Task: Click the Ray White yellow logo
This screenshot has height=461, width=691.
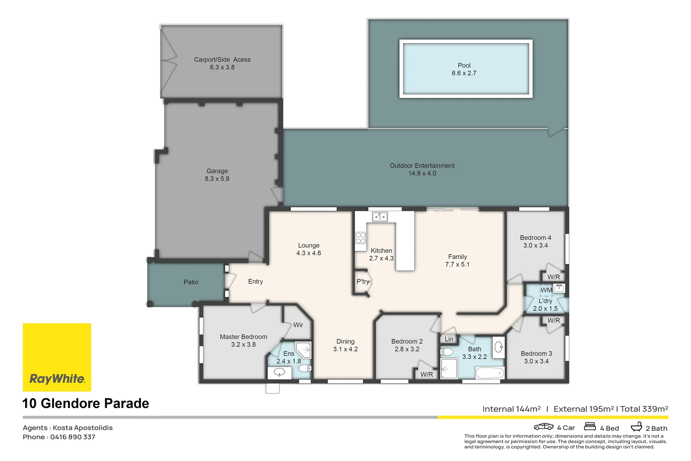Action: pyautogui.click(x=57, y=357)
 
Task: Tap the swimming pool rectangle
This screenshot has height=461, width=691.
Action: pyautogui.click(x=466, y=69)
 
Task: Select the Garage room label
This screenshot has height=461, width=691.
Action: pyautogui.click(x=217, y=171)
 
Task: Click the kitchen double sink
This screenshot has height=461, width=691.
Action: pyautogui.click(x=380, y=217)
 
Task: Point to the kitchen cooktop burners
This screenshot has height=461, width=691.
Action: pyautogui.click(x=360, y=238)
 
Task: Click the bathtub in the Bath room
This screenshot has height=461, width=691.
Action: pyautogui.click(x=490, y=373)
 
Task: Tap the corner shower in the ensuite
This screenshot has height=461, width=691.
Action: pyautogui.click(x=304, y=350)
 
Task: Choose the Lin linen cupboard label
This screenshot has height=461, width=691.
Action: pyautogui.click(x=449, y=339)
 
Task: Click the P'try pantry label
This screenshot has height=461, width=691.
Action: pyautogui.click(x=363, y=282)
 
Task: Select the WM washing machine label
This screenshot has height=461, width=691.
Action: pyautogui.click(x=546, y=290)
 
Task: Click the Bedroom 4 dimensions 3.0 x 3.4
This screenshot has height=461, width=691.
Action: pyautogui.click(x=535, y=245)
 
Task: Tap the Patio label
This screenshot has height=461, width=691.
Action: pyautogui.click(x=191, y=282)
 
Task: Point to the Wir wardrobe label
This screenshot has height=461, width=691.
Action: pyautogui.click(x=298, y=325)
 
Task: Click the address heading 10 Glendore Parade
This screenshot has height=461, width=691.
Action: pyautogui.click(x=86, y=403)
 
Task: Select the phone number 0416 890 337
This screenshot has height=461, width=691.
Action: pyautogui.click(x=73, y=437)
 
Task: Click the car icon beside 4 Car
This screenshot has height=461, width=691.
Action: pyautogui.click(x=543, y=427)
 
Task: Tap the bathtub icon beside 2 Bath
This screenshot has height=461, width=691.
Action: pyautogui.click(x=636, y=426)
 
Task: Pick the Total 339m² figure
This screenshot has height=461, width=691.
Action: pyautogui.click(x=644, y=409)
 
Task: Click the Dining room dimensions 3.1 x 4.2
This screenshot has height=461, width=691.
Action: pyautogui.click(x=345, y=349)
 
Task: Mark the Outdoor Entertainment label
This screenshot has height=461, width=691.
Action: pyautogui.click(x=422, y=166)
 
